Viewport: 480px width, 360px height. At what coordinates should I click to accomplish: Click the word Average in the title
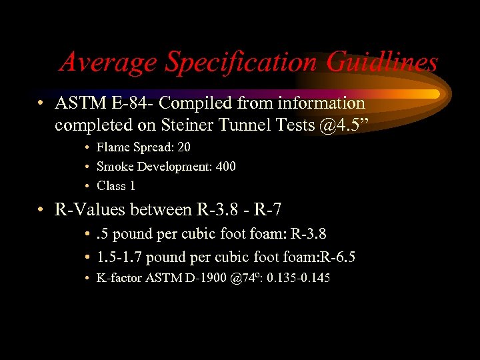(109, 63)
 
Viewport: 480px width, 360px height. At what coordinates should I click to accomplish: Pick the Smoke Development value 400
(223, 166)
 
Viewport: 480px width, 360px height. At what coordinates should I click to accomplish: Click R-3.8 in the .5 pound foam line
(308, 234)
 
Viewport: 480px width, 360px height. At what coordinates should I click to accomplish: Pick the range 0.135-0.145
(298, 278)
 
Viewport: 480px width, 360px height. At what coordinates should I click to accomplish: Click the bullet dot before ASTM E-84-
(41, 104)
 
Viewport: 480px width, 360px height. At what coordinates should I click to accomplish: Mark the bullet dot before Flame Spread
(88, 147)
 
